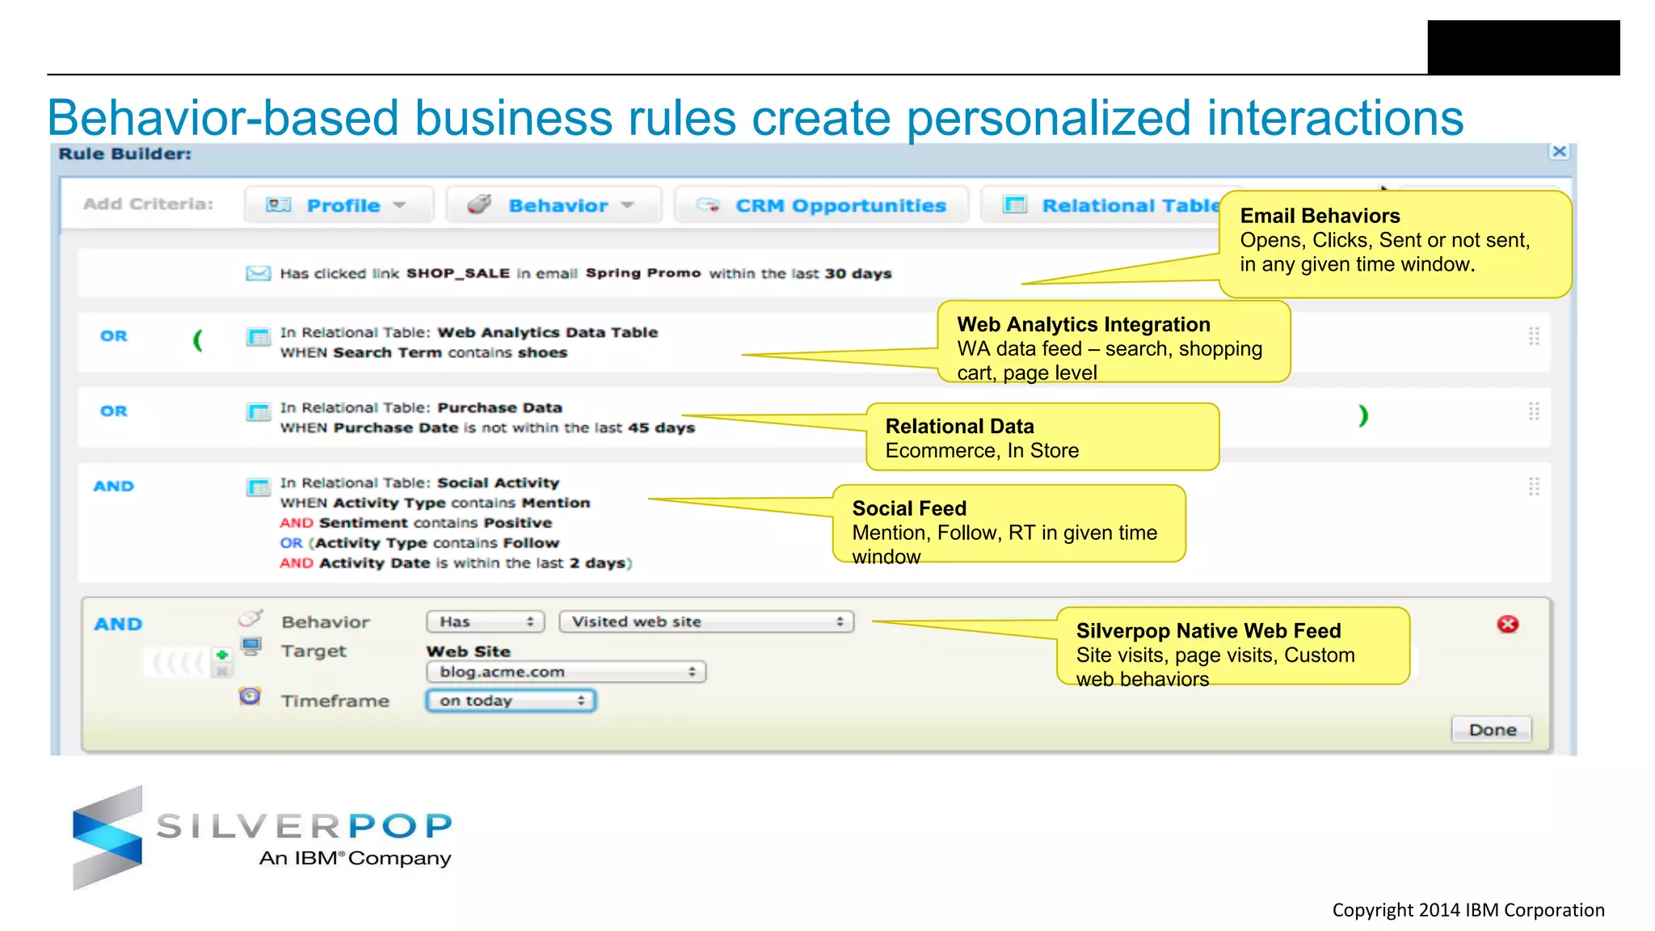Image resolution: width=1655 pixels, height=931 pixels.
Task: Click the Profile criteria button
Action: click(x=339, y=205)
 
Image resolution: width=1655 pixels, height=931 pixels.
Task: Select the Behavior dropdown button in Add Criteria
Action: click(x=554, y=205)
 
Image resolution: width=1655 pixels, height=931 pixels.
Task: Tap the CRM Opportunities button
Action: click(x=822, y=205)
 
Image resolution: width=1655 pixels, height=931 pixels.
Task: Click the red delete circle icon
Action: click(x=1507, y=624)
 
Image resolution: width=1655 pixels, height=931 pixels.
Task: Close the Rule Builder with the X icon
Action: click(x=1560, y=152)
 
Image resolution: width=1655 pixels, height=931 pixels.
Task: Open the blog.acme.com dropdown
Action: click(x=566, y=672)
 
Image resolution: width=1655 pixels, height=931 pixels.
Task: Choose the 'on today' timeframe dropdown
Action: click(x=511, y=701)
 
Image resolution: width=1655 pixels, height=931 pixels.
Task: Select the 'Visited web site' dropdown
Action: click(x=706, y=621)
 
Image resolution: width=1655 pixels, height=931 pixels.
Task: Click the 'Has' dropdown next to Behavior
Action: click(x=485, y=621)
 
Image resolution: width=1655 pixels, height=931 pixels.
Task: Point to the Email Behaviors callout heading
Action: click(x=1320, y=216)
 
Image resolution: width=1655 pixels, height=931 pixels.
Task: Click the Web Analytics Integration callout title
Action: click(x=1083, y=324)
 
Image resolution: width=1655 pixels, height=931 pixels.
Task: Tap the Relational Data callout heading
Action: click(x=959, y=426)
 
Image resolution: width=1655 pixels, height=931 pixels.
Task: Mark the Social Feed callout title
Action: click(x=909, y=508)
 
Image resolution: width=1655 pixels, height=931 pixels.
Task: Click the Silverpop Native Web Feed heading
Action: click(x=1208, y=630)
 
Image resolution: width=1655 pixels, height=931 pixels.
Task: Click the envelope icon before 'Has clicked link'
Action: click(x=258, y=273)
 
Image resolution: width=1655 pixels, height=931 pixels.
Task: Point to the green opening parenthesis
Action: click(x=197, y=340)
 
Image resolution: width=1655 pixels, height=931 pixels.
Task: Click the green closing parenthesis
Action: click(x=1363, y=415)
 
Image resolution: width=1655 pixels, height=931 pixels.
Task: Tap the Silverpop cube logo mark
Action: click(x=107, y=837)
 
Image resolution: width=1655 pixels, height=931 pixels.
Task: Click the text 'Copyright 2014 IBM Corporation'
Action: click(x=1468, y=910)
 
